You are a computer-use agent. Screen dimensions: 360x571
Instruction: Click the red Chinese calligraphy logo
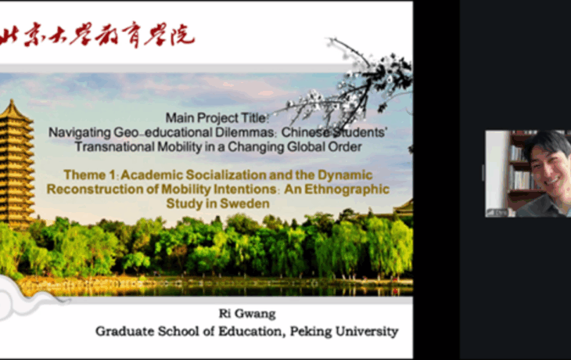98,36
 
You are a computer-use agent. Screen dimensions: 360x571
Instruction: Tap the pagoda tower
16,164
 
